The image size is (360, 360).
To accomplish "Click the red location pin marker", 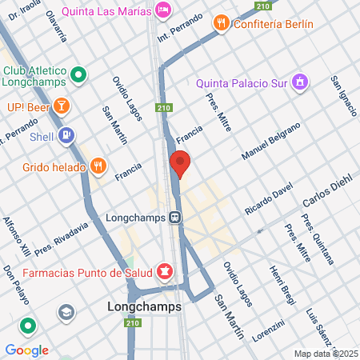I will [x=180, y=163].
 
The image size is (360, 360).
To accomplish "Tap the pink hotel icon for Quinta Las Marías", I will [x=163, y=9].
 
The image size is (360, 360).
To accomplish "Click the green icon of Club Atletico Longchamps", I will [x=78, y=75].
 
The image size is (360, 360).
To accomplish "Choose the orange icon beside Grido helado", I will [x=98, y=165].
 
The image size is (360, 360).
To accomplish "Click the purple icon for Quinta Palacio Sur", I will [x=299, y=81].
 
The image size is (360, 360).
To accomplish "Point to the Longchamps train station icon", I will [x=174, y=217].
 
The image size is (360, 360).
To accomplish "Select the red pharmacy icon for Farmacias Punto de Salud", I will [x=164, y=271].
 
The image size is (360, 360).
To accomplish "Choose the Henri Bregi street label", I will [x=283, y=286].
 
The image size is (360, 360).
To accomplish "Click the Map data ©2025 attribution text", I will [x=326, y=354].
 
